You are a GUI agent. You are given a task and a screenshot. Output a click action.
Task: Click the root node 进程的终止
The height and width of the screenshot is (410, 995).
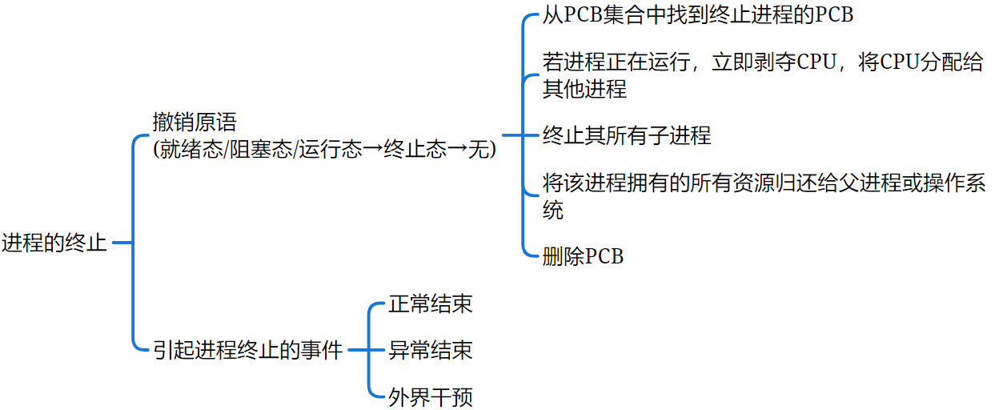tap(54, 243)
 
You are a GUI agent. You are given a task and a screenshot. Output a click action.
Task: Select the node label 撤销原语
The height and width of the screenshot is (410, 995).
tap(195, 123)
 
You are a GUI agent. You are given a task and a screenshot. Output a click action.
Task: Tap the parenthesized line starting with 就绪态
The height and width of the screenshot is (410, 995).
tap(325, 149)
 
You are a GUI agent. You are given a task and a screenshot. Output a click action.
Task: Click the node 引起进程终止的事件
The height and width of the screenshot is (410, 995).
tap(248, 350)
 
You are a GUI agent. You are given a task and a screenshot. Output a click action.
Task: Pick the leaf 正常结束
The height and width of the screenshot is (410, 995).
tap(430, 304)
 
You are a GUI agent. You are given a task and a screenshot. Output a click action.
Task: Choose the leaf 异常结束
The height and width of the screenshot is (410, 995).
tap(430, 350)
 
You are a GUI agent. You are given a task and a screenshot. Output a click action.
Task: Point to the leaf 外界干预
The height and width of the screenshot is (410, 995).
tap(430, 396)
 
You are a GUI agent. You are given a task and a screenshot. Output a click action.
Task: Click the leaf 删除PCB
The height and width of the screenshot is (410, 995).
tap(583, 256)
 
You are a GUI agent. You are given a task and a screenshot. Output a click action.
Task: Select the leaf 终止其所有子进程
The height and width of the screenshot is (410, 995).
tap(626, 135)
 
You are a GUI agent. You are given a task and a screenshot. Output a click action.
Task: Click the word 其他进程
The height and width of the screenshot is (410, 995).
tap(584, 88)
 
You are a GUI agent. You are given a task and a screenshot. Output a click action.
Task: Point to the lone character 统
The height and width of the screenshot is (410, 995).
tap(553, 210)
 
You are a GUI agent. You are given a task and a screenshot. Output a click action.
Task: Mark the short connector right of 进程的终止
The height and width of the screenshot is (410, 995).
tap(121, 243)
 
